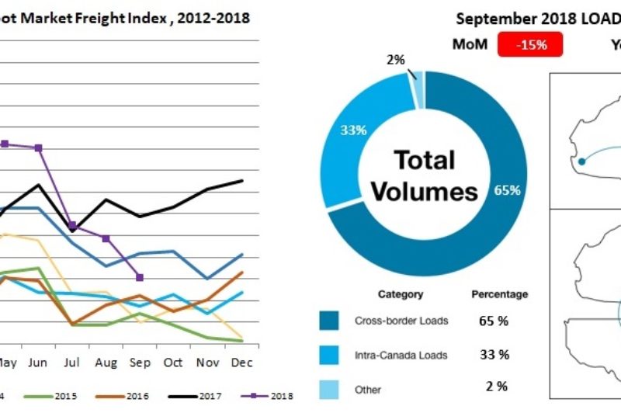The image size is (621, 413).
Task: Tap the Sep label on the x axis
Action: pos(139,362)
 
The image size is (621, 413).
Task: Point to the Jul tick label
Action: pos(72,362)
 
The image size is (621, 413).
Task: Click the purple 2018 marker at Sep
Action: pos(139,277)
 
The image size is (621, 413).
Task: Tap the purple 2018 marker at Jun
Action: pos(39,147)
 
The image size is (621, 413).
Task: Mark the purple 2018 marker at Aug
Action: pos(106,238)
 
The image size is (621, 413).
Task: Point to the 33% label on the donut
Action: pos(353,130)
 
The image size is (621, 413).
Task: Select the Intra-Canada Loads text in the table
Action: pos(401,355)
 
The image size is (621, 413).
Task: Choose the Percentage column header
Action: pos(499,294)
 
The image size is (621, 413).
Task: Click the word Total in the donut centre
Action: pos(424,160)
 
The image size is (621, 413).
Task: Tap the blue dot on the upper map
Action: pos(581,162)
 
